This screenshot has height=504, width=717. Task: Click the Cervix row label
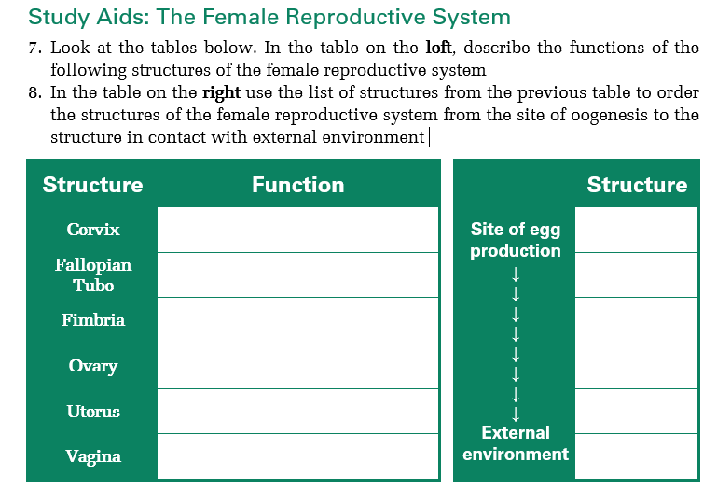point(92,230)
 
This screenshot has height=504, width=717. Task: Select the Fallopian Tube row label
point(92,275)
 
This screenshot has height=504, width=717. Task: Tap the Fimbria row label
point(92,320)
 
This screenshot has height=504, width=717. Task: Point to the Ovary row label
point(92,366)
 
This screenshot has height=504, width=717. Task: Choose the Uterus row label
point(92,412)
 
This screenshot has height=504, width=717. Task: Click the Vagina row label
point(92,456)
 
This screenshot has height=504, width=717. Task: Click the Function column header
point(297,185)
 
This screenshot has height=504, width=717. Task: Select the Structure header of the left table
point(92,185)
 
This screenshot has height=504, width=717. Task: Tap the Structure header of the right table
point(636,185)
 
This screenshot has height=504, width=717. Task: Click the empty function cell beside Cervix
point(297,230)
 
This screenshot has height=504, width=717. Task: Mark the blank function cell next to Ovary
point(297,366)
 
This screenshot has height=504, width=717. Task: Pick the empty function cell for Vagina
point(297,456)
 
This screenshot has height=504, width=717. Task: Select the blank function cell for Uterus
point(297,412)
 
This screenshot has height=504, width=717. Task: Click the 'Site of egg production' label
point(515,240)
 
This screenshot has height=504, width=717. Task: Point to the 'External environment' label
point(515,443)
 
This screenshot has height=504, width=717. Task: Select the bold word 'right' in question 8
point(221,92)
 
